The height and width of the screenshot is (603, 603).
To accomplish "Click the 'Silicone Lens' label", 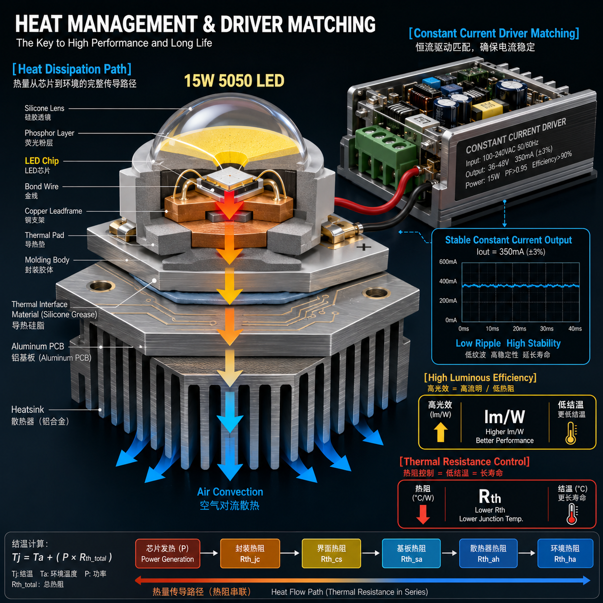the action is point(44,108).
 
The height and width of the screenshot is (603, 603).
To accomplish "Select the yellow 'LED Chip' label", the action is point(42,161).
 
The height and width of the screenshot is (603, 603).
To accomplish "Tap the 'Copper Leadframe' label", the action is point(53,211).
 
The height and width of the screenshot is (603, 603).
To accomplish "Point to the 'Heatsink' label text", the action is point(27,409).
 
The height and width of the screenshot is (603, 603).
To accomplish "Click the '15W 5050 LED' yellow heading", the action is point(234,81).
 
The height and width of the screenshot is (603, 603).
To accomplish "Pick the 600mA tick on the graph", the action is point(448,262).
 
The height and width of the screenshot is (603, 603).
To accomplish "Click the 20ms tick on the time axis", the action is point(519,328).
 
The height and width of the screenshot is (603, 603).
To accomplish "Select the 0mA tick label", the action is point(451,320).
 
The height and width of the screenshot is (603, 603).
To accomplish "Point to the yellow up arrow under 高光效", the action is point(440,432).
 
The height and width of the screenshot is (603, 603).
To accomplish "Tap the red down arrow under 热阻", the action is point(423,514).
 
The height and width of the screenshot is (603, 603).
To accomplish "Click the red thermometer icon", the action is point(572,514).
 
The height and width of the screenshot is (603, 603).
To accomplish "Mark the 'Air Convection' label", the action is point(230,492).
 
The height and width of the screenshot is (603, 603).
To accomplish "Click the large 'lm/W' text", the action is point(504,417).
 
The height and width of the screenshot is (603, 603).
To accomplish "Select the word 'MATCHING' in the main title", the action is point(331,24).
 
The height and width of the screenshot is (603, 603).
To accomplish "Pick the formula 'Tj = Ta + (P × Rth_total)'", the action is point(62,557).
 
